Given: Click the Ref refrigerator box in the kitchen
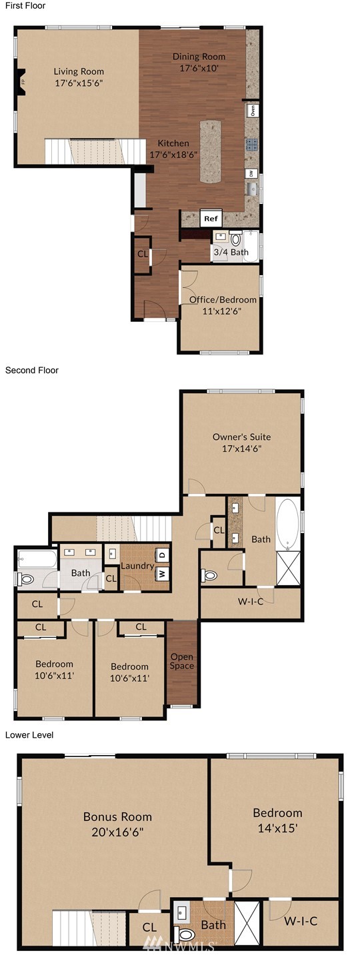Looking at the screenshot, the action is point(211,219).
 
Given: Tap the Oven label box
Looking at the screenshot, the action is point(253,111).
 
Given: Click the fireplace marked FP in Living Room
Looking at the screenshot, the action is point(21,82).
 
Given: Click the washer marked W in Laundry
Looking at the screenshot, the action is point(162,574).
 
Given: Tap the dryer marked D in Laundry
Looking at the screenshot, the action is point(162,554).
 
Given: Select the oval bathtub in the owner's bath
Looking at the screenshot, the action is point(287,523).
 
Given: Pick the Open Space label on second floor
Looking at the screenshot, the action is point(182,661).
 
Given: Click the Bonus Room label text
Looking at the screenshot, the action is point(118,817).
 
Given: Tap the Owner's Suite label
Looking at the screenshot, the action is point(241,437).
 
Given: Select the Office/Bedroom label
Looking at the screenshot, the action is point(223,299).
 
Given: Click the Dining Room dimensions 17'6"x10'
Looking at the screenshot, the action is point(199,68).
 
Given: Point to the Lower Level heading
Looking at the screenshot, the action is point(29,735).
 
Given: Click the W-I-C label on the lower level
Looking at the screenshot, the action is point(301,921).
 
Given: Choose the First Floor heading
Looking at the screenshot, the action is point(25,5).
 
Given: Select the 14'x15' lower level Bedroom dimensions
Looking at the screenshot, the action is point(277,828).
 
